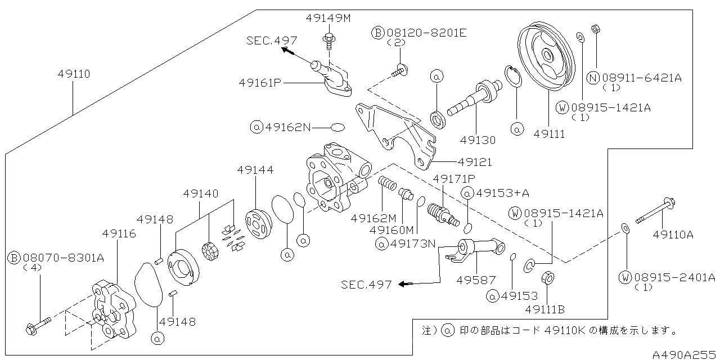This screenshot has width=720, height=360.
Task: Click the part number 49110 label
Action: (x=74, y=74)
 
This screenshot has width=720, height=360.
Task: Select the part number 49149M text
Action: (x=328, y=18)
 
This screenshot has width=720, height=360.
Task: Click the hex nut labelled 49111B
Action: (x=548, y=280)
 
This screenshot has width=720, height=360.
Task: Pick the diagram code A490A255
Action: (x=685, y=354)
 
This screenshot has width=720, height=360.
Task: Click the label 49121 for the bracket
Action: (x=474, y=162)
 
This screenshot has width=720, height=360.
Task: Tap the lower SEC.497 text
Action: (x=366, y=285)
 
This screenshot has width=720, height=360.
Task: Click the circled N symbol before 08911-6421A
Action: (x=593, y=78)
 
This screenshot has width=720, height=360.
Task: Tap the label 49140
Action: (x=201, y=193)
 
